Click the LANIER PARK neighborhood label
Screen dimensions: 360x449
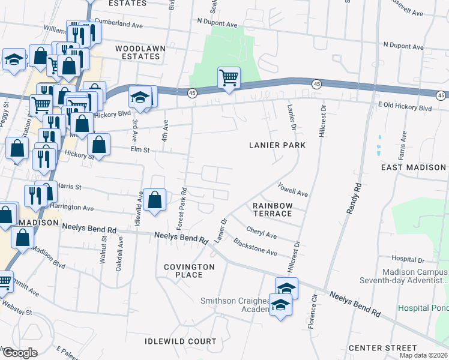[278, 145]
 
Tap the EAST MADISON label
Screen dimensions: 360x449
[414, 167]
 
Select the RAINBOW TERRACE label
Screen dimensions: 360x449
[273, 209]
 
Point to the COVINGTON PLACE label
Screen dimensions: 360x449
[189, 271]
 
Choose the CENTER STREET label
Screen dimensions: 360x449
[382, 348]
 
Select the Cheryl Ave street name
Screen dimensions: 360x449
[261, 232]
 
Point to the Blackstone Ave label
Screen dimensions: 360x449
[255, 247]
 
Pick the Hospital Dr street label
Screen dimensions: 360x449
[408, 260]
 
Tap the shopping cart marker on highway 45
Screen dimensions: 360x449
[229, 77]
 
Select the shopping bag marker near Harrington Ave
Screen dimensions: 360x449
[155, 200]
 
